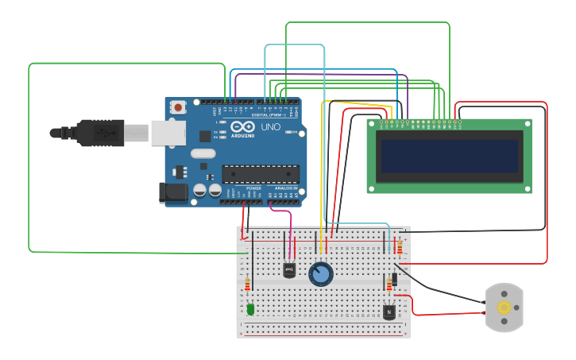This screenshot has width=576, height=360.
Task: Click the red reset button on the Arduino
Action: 179,107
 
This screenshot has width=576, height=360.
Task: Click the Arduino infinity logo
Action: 242,127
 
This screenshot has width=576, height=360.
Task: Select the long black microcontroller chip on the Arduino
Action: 260,173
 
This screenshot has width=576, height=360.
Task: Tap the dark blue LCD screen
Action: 450,157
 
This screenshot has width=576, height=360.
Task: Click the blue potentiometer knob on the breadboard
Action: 320,274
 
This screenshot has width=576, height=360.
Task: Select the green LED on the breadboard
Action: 250,308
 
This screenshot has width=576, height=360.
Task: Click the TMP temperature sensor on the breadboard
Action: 289,271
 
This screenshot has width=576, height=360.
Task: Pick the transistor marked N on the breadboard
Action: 389,312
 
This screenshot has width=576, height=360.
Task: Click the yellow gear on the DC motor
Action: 504,308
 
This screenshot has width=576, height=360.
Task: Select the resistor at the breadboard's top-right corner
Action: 399,247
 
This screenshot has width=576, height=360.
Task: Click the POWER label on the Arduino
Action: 253,188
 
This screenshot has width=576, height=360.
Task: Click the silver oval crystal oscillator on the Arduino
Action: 203,153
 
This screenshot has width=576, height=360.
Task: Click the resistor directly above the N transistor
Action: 389,282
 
